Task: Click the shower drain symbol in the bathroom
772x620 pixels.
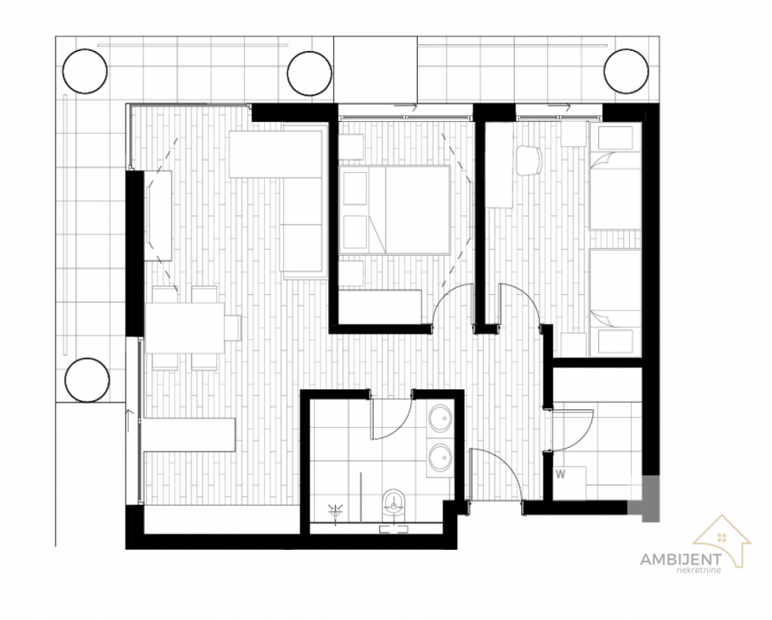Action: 337,510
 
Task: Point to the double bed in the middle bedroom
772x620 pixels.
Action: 394,209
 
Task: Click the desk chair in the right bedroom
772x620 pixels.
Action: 530,160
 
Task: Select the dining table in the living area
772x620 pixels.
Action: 185,327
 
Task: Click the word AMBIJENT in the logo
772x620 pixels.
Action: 680,559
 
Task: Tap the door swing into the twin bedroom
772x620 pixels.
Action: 521,303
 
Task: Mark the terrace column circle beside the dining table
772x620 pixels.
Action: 85,380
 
